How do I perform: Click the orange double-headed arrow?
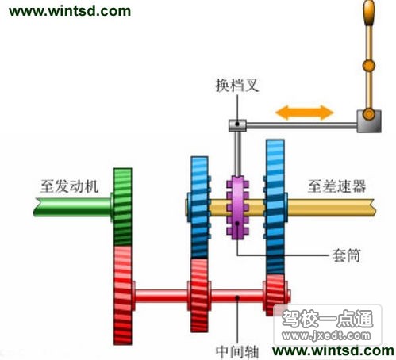305,113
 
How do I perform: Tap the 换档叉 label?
237,85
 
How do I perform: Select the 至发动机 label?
69,186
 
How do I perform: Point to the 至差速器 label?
337,186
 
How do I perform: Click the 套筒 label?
346,255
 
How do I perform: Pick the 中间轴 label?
237,351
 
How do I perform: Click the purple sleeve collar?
237,208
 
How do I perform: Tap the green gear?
122,207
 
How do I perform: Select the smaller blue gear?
199,208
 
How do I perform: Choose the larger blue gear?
275,207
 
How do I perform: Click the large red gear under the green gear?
123,295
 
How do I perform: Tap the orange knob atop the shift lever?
369,13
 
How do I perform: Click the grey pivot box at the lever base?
369,121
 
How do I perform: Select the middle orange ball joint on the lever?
368,65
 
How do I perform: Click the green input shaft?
72,207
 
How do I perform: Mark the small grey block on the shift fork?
237,125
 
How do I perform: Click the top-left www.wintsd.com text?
70,11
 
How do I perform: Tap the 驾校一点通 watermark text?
328,319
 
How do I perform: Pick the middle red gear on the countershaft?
199,295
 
